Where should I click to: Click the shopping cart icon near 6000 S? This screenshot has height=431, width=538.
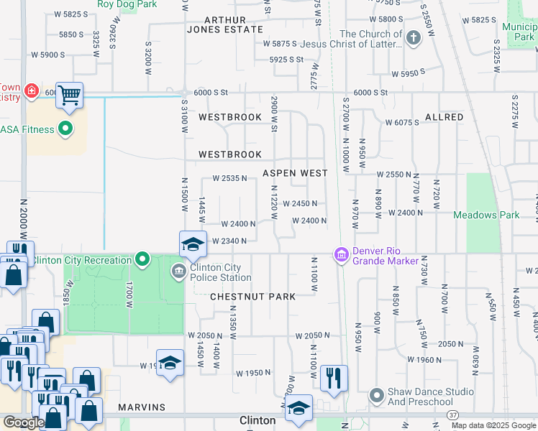[x=69, y=94]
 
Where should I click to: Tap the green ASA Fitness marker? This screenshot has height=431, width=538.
[x=65, y=129]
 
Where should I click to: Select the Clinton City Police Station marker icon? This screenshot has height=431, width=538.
[x=178, y=271]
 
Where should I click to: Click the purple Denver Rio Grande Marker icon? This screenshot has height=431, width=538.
[x=341, y=254]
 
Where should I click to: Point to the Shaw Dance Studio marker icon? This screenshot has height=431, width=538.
[x=375, y=396]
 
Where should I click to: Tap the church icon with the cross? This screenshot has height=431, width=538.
[x=414, y=38]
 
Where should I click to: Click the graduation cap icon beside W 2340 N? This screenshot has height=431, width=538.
[x=192, y=244]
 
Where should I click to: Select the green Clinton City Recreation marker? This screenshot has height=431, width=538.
[x=142, y=258]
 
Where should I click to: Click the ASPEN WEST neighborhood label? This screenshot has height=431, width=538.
[x=295, y=173]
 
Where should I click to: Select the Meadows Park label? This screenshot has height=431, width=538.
[x=486, y=215]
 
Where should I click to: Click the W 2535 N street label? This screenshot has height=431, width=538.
[x=229, y=178]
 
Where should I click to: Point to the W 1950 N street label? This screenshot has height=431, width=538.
[x=252, y=373]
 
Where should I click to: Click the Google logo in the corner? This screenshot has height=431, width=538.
[x=24, y=422]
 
